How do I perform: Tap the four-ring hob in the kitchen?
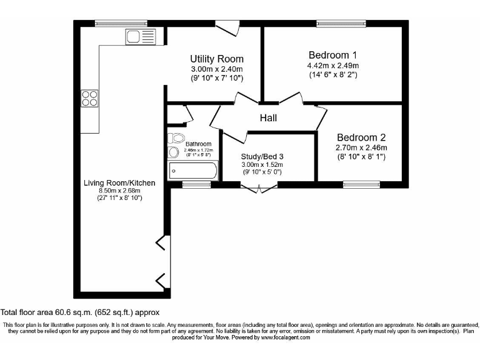pos(89,98)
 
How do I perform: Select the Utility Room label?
pos(216,59)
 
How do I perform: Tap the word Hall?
pos(268,117)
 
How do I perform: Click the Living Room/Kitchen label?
pos(119,183)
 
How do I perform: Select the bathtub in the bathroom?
pos(192,170)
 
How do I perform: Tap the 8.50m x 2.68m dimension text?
pos(119,191)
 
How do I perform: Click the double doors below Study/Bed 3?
pos(259,187)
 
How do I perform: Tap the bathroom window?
pos(196,184)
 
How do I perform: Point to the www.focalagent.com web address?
pos(286,337)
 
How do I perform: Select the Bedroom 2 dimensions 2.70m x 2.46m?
pos(361,148)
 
